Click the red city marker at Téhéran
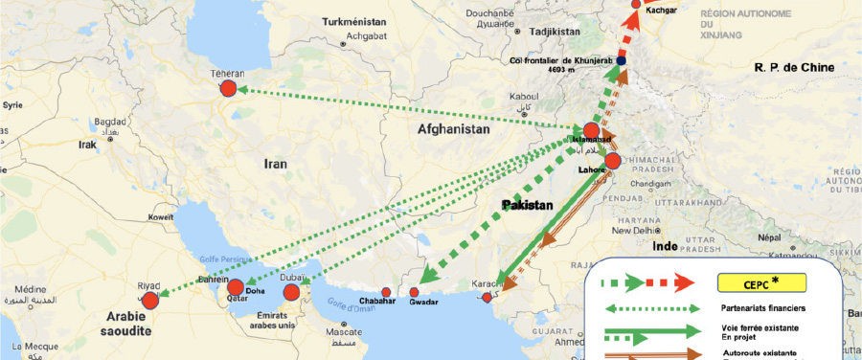pos(227,88)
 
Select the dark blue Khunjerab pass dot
pos(622,61)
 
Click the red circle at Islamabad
pos(592,131)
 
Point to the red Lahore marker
pos(613,161)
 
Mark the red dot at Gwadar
pos(415,292)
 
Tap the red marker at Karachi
pos(488,298)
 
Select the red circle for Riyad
pos(150,301)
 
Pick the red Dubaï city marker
pos(291,292)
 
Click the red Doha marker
pos(236,287)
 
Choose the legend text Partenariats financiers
pos(762,308)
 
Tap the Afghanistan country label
pos(453,128)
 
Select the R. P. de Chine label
pos(794,68)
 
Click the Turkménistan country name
pos(353,21)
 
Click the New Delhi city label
pos(636,230)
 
